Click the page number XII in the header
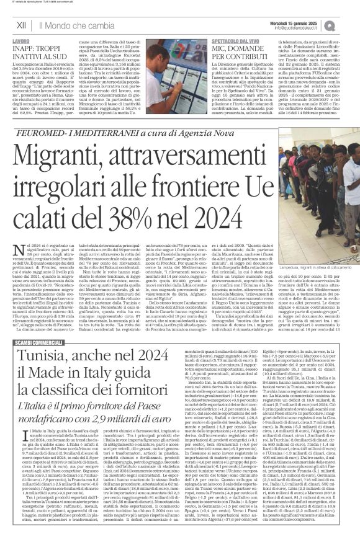(x=20, y=25)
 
